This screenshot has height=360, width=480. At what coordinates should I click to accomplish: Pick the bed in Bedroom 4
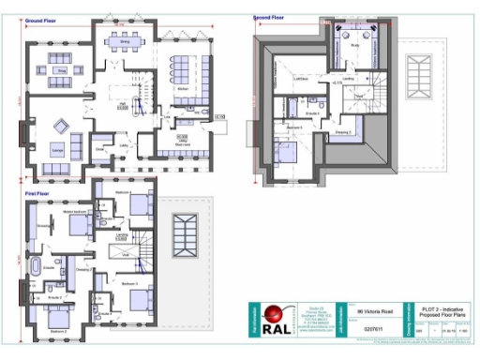coord(140,203)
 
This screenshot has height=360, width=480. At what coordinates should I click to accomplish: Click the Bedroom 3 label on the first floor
coord(129,282)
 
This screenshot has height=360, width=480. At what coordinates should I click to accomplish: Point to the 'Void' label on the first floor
coord(125,253)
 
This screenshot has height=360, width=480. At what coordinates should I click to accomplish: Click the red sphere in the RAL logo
coord(273,317)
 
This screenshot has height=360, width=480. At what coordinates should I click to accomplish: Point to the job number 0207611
coord(372,329)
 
